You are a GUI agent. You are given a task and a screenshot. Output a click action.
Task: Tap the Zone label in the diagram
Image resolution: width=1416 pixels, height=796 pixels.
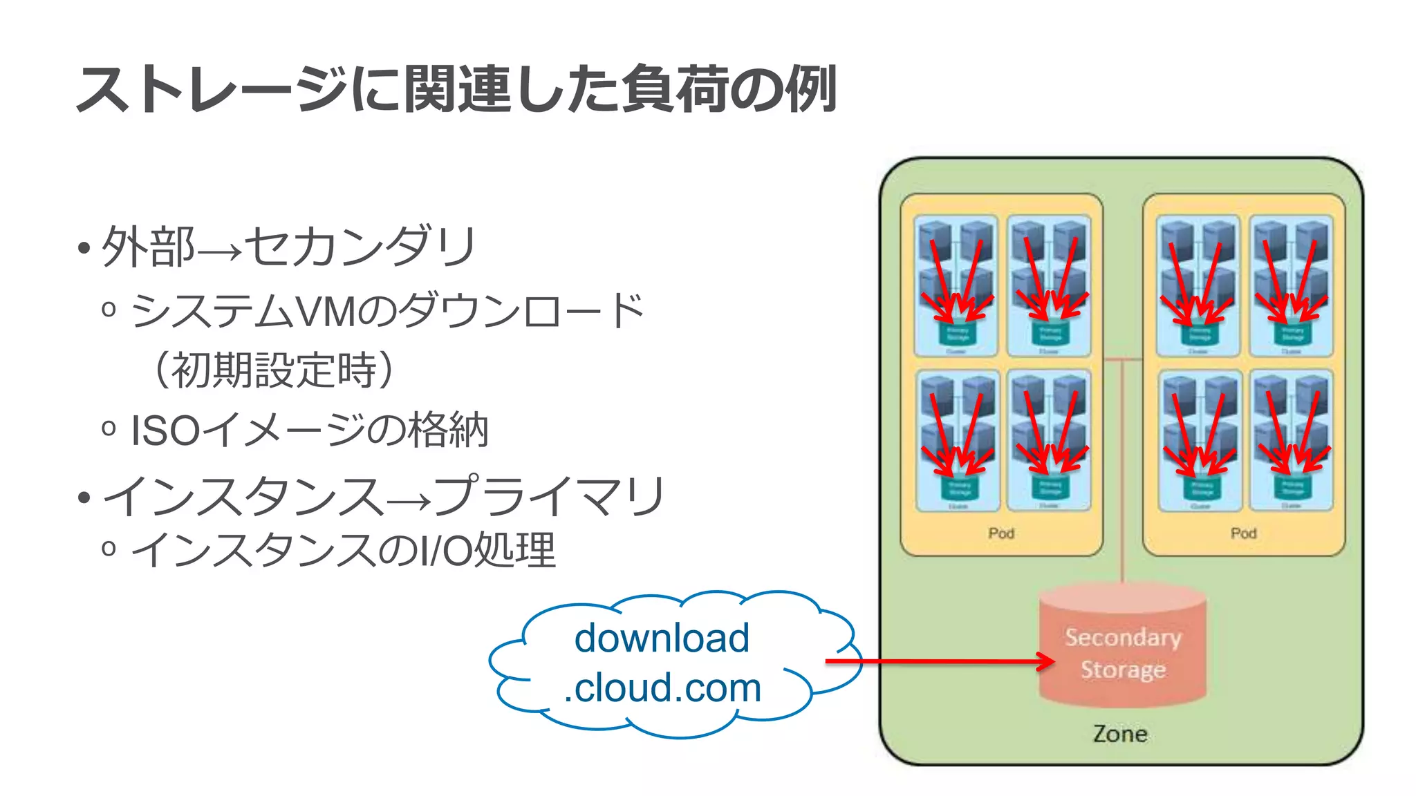(1120, 734)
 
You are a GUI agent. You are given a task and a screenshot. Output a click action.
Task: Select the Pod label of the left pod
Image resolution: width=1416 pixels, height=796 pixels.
(1000, 533)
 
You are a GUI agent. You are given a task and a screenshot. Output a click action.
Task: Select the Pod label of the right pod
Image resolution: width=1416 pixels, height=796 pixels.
(1243, 533)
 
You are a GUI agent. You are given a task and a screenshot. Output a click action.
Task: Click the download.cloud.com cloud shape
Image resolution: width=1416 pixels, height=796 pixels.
(664, 663)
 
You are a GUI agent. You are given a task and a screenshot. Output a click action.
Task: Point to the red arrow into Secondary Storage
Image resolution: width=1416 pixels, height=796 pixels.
(940, 662)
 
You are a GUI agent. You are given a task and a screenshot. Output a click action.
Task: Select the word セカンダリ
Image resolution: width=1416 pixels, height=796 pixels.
(360, 247)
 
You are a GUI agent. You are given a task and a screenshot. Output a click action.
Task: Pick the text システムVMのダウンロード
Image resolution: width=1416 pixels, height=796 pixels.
(387, 311)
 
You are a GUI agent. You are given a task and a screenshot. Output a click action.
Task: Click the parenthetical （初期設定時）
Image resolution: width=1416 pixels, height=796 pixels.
(274, 370)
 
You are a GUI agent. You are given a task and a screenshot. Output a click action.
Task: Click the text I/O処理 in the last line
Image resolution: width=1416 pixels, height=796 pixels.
(487, 550)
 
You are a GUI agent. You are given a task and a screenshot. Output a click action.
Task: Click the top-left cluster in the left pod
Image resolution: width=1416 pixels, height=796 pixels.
(956, 285)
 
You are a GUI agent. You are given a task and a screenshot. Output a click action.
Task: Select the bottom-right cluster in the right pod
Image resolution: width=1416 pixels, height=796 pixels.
(1291, 440)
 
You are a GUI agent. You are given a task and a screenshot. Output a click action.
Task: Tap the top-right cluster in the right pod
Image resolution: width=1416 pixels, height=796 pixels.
(1291, 285)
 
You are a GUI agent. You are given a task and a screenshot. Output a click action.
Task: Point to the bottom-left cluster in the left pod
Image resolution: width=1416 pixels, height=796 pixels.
(958, 440)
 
